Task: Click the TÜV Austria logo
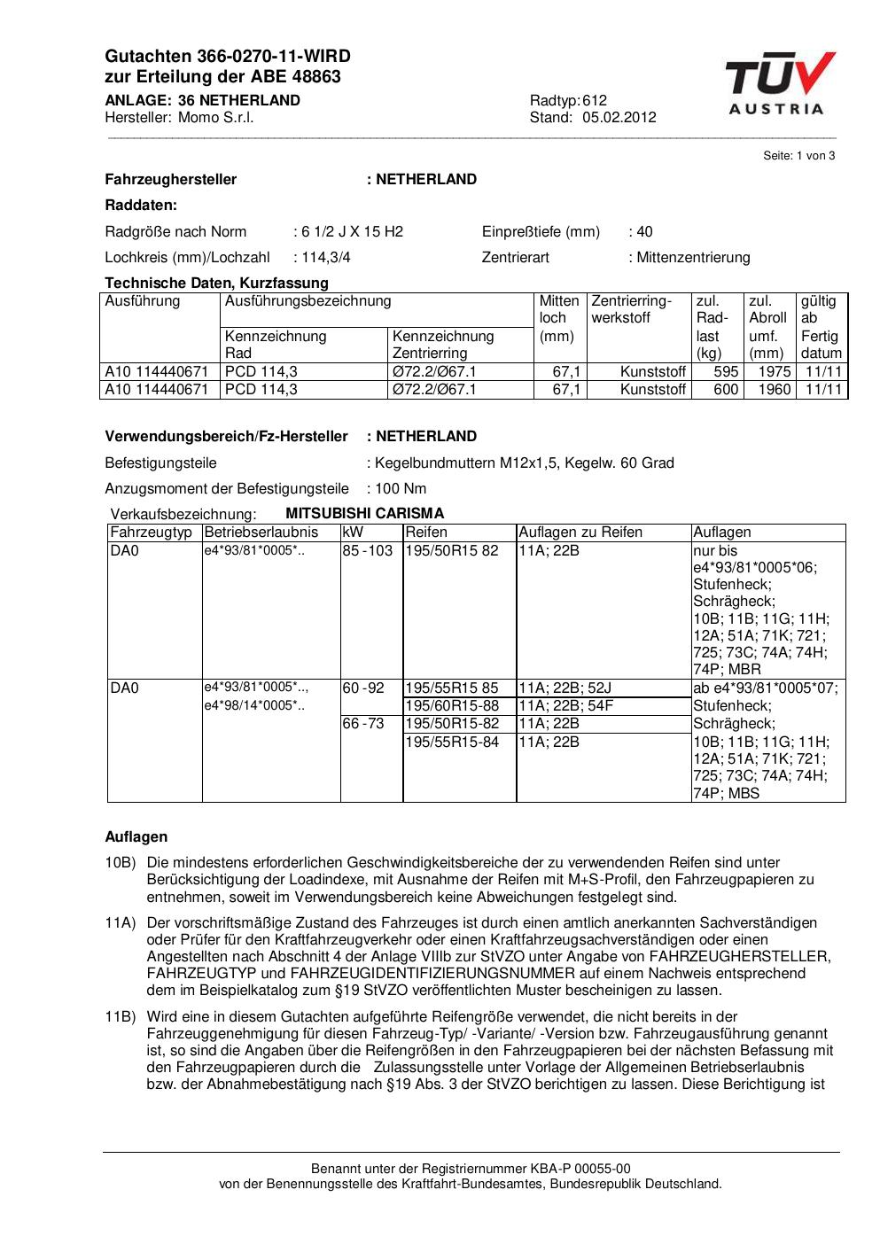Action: click(x=780, y=83)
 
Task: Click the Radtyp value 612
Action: click(x=595, y=100)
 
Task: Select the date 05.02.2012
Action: click(x=619, y=117)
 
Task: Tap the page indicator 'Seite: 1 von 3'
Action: click(x=798, y=156)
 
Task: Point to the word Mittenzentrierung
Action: click(x=693, y=257)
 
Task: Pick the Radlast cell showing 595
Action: click(x=726, y=371)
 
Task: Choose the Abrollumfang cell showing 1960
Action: click(x=774, y=389)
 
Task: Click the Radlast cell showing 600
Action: click(x=726, y=389)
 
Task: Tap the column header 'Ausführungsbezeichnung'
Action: click(x=308, y=301)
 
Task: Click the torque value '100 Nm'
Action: click(x=401, y=488)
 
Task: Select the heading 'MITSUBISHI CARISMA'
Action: click(x=365, y=513)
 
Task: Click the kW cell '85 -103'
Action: click(x=368, y=550)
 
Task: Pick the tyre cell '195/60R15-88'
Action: click(x=452, y=705)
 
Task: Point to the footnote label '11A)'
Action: click(x=120, y=922)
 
